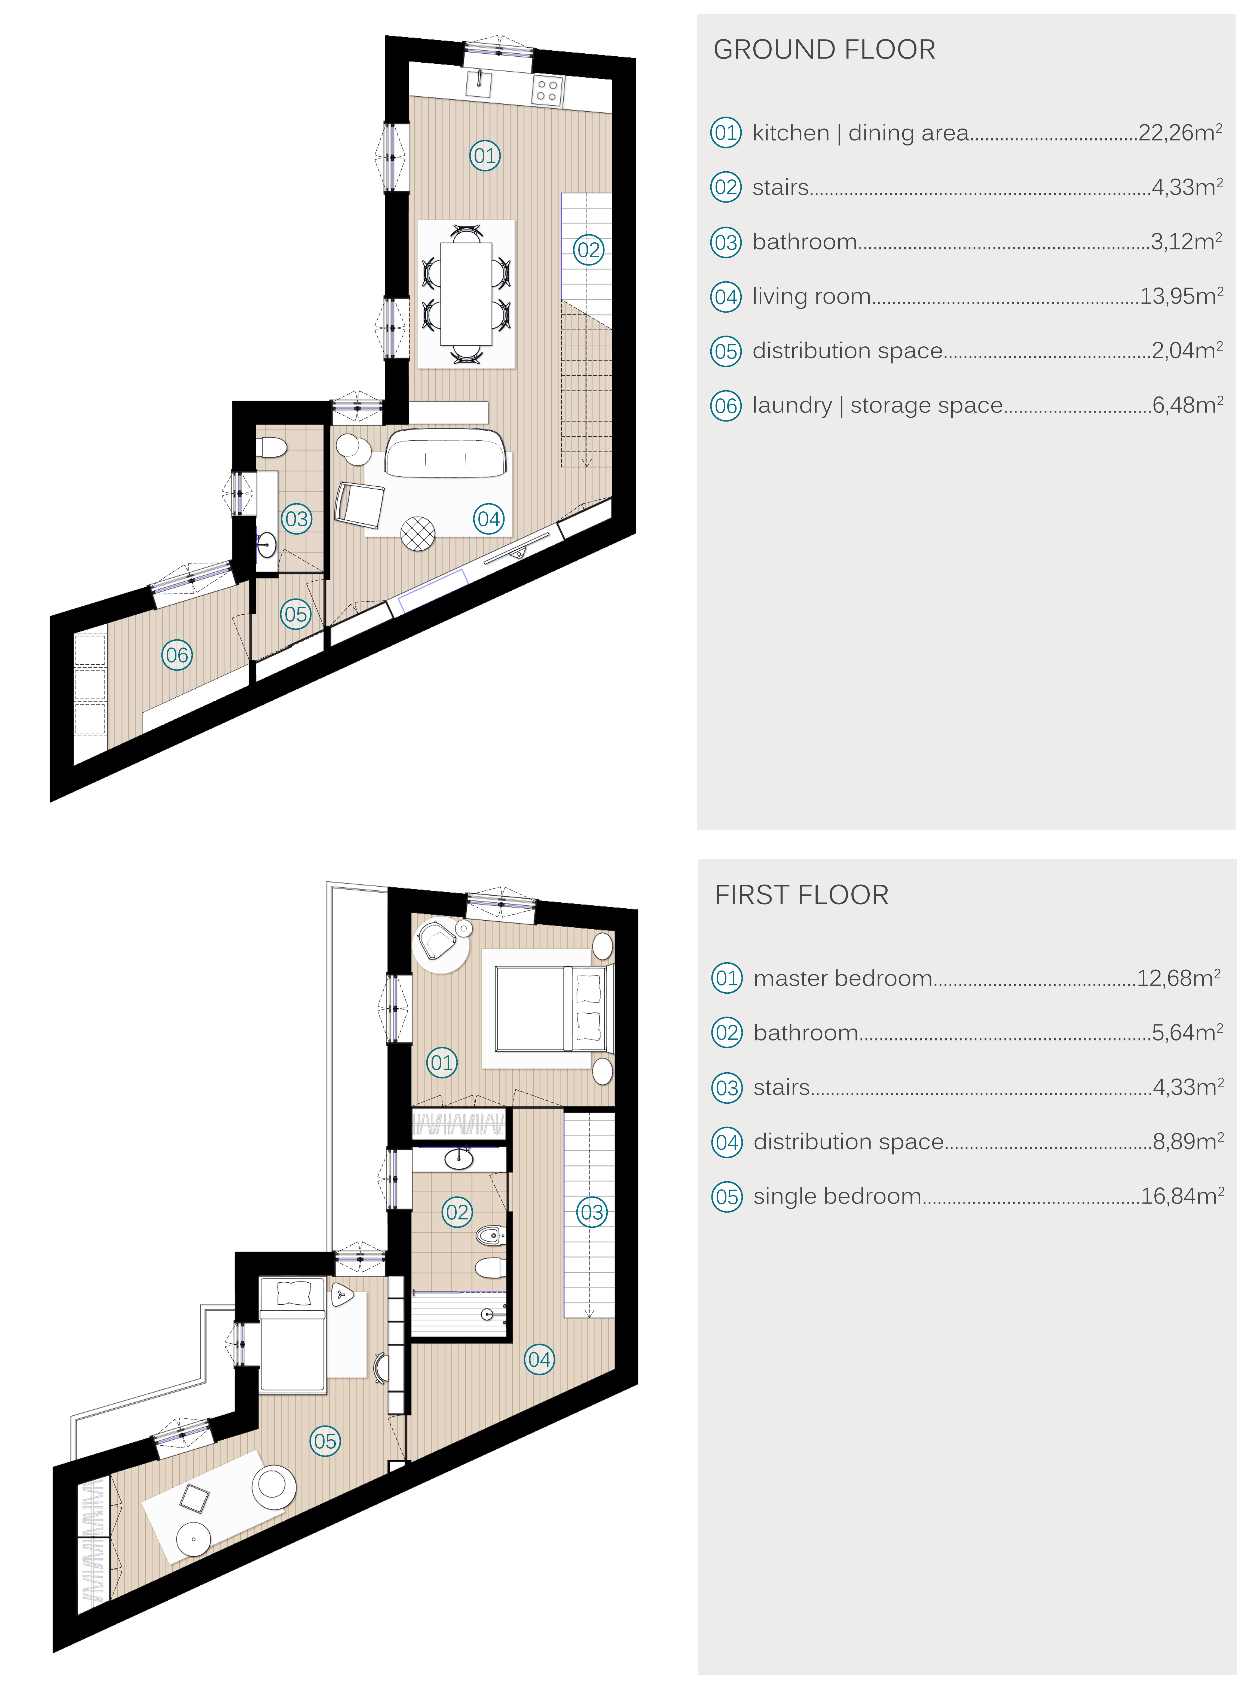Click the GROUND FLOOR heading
tap(824, 50)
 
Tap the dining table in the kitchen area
tap(466, 294)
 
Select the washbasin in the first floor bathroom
tap(459, 1159)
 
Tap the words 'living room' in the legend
tap(811, 297)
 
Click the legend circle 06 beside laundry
tap(726, 405)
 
